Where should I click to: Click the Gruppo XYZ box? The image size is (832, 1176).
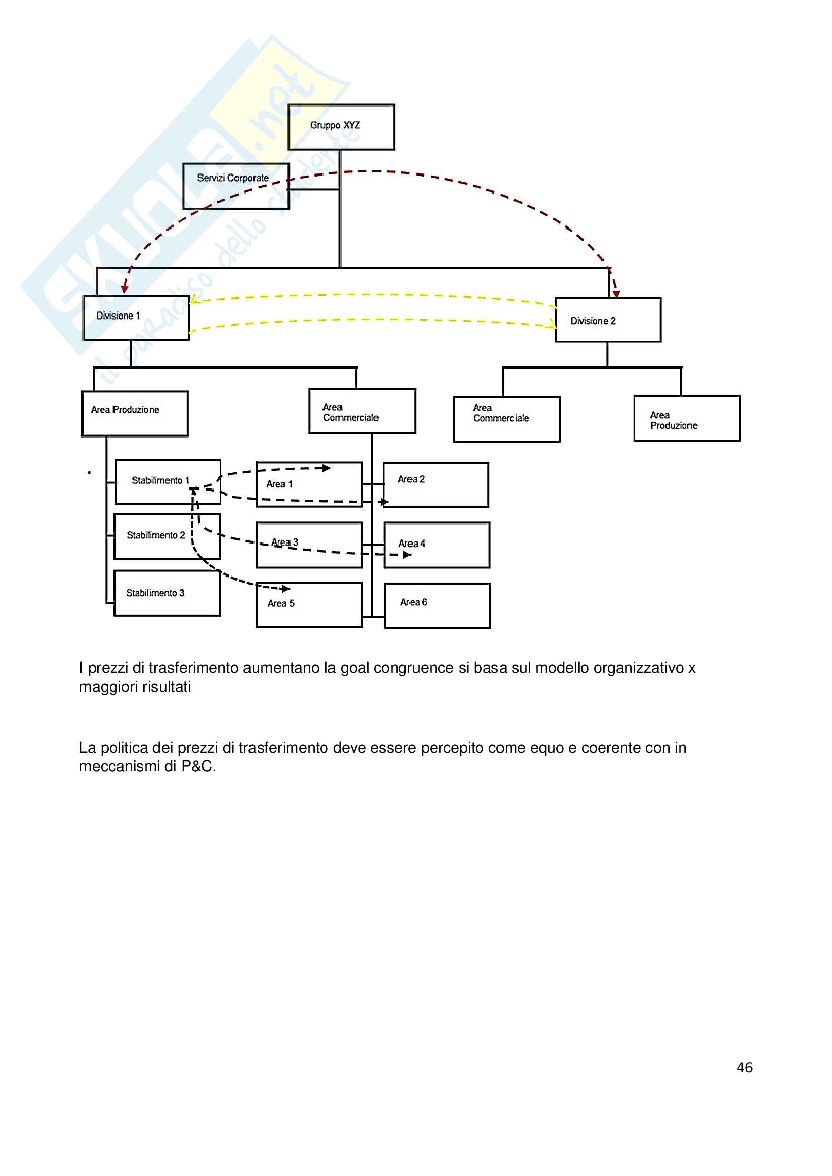tap(341, 127)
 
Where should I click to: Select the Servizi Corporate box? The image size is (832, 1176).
tap(235, 187)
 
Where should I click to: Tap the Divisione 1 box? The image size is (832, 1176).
tap(136, 318)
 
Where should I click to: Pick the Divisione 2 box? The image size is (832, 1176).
tap(608, 320)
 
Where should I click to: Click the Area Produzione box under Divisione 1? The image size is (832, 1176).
tap(135, 414)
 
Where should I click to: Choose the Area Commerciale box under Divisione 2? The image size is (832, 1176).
tap(507, 419)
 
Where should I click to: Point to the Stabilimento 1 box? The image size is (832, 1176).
tap(168, 482)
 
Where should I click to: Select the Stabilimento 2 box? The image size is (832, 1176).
tap(167, 536)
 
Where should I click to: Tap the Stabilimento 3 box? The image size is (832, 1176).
tap(167, 593)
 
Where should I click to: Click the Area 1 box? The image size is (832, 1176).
tap(309, 485)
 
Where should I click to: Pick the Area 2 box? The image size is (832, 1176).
tap(436, 485)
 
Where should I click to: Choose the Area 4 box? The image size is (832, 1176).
tap(437, 545)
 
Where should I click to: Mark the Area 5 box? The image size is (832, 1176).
tap(309, 605)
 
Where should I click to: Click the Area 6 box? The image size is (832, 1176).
tap(437, 605)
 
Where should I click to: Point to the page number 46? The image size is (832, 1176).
tap(744, 1067)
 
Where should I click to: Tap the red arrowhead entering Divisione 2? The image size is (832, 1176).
tap(616, 294)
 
